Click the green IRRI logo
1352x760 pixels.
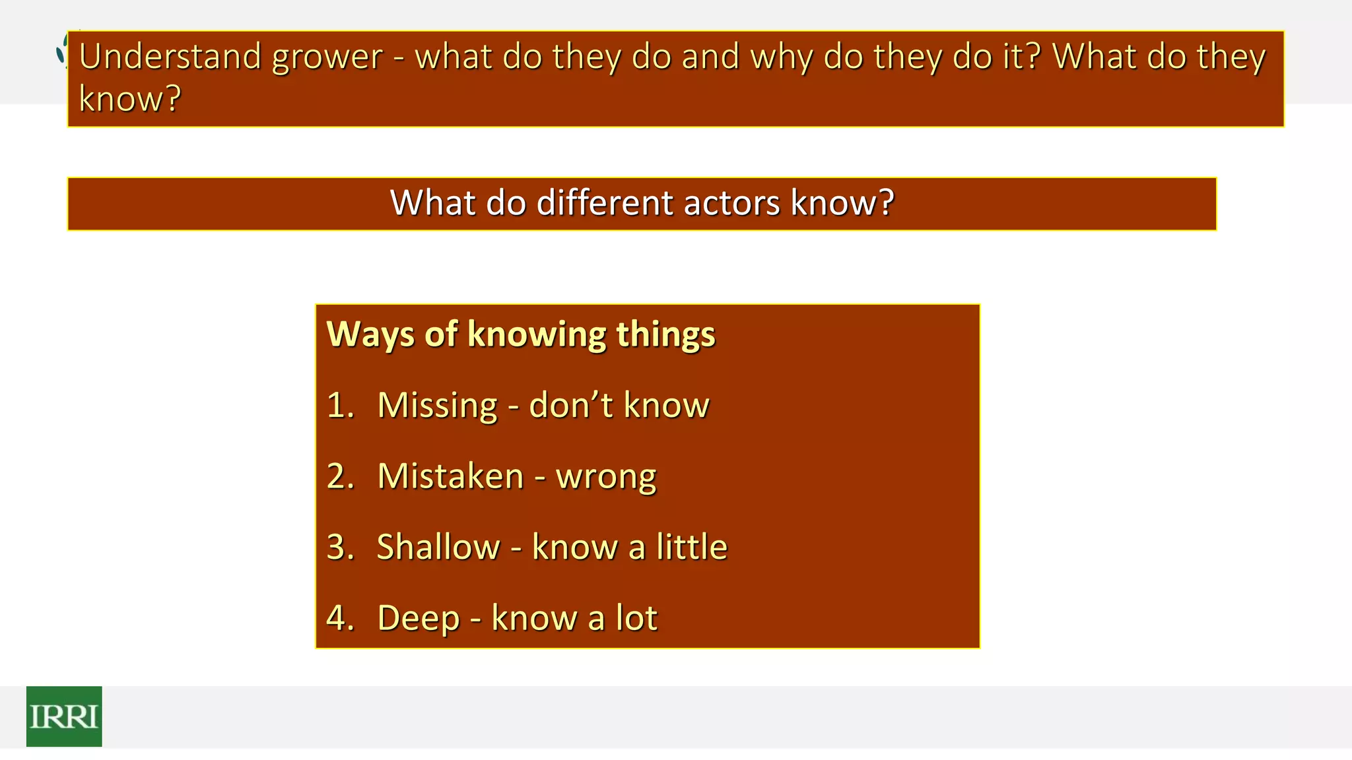point(64,716)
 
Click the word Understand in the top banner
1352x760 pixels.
point(170,57)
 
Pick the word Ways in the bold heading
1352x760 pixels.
point(370,334)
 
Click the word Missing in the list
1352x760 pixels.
point(437,406)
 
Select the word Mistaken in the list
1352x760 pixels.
point(450,476)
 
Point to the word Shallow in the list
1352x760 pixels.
point(438,547)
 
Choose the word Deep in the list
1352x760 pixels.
point(418,619)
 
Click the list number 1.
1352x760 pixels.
point(338,405)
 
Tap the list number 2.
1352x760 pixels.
point(338,476)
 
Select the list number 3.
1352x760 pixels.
point(338,547)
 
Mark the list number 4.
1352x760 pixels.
point(338,618)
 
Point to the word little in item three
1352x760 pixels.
point(691,547)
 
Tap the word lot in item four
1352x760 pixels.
point(636,618)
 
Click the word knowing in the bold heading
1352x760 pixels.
point(537,334)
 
